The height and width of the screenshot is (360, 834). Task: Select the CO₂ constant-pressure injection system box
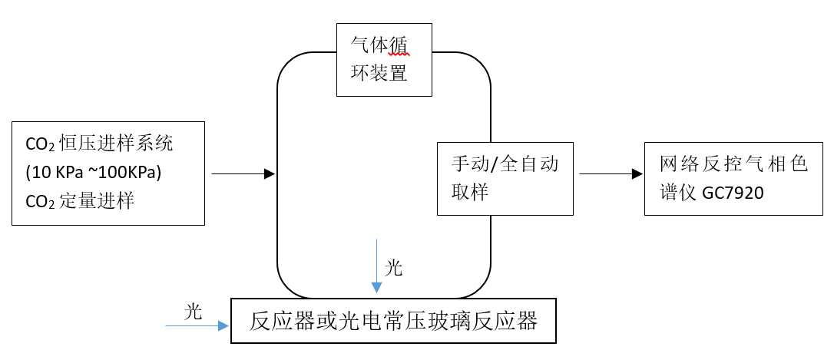point(108,173)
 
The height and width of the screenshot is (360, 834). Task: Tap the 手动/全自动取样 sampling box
point(505,178)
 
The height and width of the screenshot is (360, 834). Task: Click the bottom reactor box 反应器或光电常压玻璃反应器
point(393,320)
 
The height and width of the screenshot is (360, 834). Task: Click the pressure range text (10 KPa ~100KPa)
point(93,173)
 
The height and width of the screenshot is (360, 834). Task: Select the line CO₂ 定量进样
point(81,201)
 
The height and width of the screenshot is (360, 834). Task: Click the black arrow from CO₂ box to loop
point(242,174)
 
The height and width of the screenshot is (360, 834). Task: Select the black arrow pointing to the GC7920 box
point(611,174)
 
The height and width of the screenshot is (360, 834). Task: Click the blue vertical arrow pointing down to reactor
point(376,266)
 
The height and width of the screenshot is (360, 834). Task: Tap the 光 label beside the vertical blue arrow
point(393,268)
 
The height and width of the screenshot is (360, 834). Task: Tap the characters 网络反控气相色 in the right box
point(733,163)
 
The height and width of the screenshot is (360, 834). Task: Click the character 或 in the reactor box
point(326,320)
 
